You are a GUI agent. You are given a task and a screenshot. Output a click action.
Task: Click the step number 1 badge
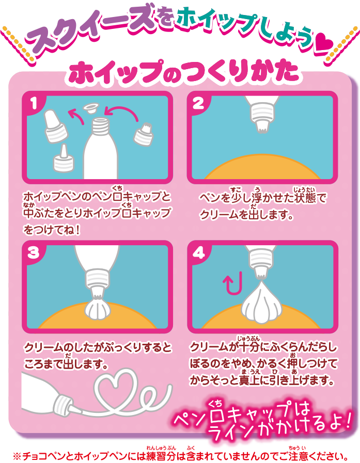coord(34,103)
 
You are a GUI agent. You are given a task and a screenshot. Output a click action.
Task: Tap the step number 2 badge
coord(198,103)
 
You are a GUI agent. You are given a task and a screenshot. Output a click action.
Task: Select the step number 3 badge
coord(34,252)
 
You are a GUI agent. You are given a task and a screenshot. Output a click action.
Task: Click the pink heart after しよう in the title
coord(324,43)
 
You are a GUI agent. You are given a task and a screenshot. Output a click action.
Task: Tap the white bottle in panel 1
coord(101,148)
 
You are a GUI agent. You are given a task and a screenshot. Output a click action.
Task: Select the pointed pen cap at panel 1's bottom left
coord(63,159)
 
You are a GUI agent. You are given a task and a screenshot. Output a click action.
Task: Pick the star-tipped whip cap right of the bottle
coord(144,134)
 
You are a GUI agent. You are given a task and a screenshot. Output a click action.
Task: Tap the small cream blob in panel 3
coord(98,308)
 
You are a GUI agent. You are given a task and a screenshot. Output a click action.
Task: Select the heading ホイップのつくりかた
coord(183,72)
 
